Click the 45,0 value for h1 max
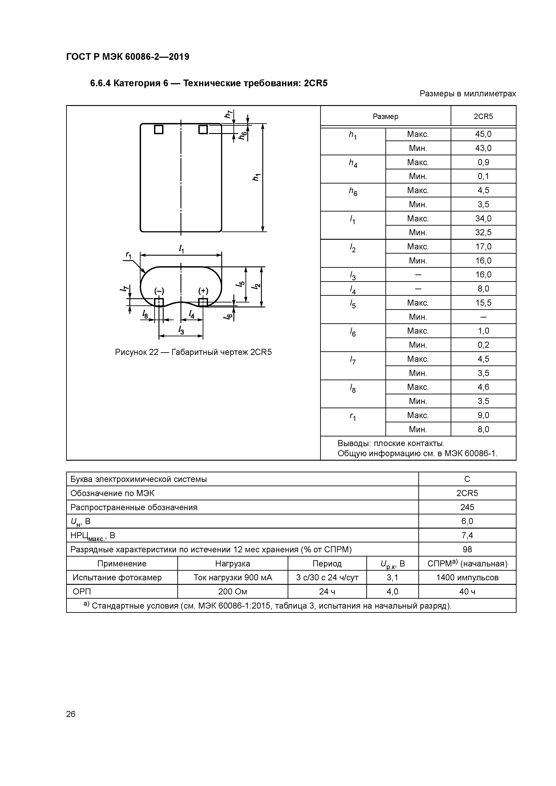tap(483, 134)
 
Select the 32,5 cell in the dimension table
tap(483, 232)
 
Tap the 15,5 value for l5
tap(483, 303)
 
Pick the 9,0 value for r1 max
tap(483, 415)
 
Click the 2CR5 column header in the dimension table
tap(483, 116)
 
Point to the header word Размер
tap(385, 116)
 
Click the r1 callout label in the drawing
tap(128, 255)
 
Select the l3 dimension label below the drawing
tap(181, 330)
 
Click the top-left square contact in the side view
tap(159, 130)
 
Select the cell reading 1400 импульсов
tap(467, 578)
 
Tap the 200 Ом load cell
tap(233, 592)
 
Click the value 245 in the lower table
tap(467, 507)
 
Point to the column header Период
tap(327, 564)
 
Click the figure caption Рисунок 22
tap(193, 352)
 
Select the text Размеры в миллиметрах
tap(468, 93)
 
